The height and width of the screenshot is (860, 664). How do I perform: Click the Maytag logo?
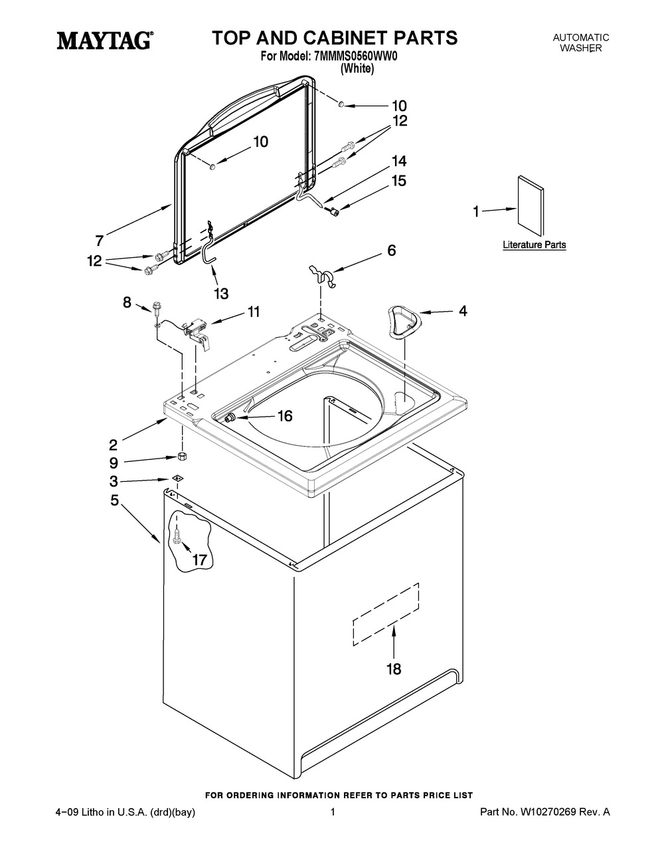tap(105, 41)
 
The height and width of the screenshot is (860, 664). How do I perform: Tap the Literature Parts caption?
tap(534, 245)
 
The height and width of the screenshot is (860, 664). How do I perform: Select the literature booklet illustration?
tap(531, 206)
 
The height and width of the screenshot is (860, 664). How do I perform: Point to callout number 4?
tap(463, 311)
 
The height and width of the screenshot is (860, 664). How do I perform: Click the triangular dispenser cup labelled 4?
tap(402, 322)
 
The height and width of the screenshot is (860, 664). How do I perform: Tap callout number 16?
tap(285, 416)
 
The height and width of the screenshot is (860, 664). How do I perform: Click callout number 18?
tap(394, 669)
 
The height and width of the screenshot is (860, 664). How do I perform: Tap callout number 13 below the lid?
tap(221, 294)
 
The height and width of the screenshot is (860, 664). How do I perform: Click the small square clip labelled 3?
tap(177, 478)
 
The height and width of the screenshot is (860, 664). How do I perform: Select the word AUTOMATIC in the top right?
tap(580, 38)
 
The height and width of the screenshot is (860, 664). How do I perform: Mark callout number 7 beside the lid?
tap(99, 240)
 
